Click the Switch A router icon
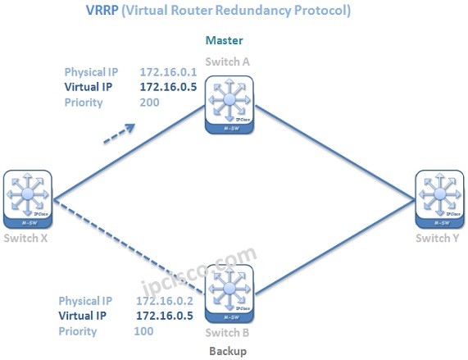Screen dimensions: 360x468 pos(229,103)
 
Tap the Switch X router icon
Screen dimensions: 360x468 pos(27,198)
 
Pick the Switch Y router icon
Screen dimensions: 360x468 pos(440,198)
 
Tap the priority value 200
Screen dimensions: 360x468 pos(150,103)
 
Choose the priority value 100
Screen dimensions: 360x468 pos(144,331)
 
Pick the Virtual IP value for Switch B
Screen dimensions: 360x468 pos(164,316)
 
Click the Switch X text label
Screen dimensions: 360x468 pos(26,238)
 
